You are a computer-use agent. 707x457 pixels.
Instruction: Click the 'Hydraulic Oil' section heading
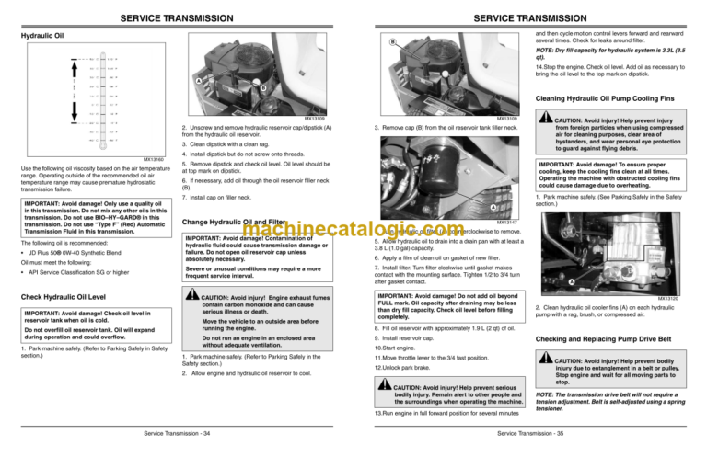(x=40, y=37)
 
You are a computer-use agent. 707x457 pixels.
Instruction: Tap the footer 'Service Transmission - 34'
(x=177, y=433)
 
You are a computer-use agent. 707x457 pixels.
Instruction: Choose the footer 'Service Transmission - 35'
(x=530, y=433)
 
